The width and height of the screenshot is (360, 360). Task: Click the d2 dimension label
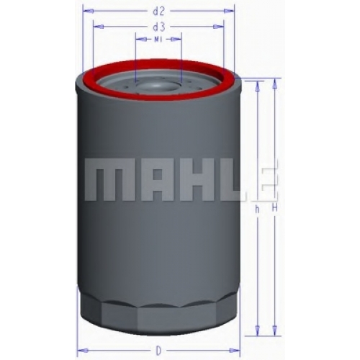tap(158, 12)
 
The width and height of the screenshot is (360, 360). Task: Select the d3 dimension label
tap(158, 27)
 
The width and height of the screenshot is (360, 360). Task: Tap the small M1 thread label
tap(158, 40)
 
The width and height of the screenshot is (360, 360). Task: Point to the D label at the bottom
tap(158, 351)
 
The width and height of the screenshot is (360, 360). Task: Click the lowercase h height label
tap(258, 210)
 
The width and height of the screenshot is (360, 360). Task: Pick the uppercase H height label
tap(275, 207)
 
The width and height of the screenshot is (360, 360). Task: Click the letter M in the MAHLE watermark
tap(107, 179)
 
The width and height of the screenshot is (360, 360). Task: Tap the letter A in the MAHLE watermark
tap(157, 179)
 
